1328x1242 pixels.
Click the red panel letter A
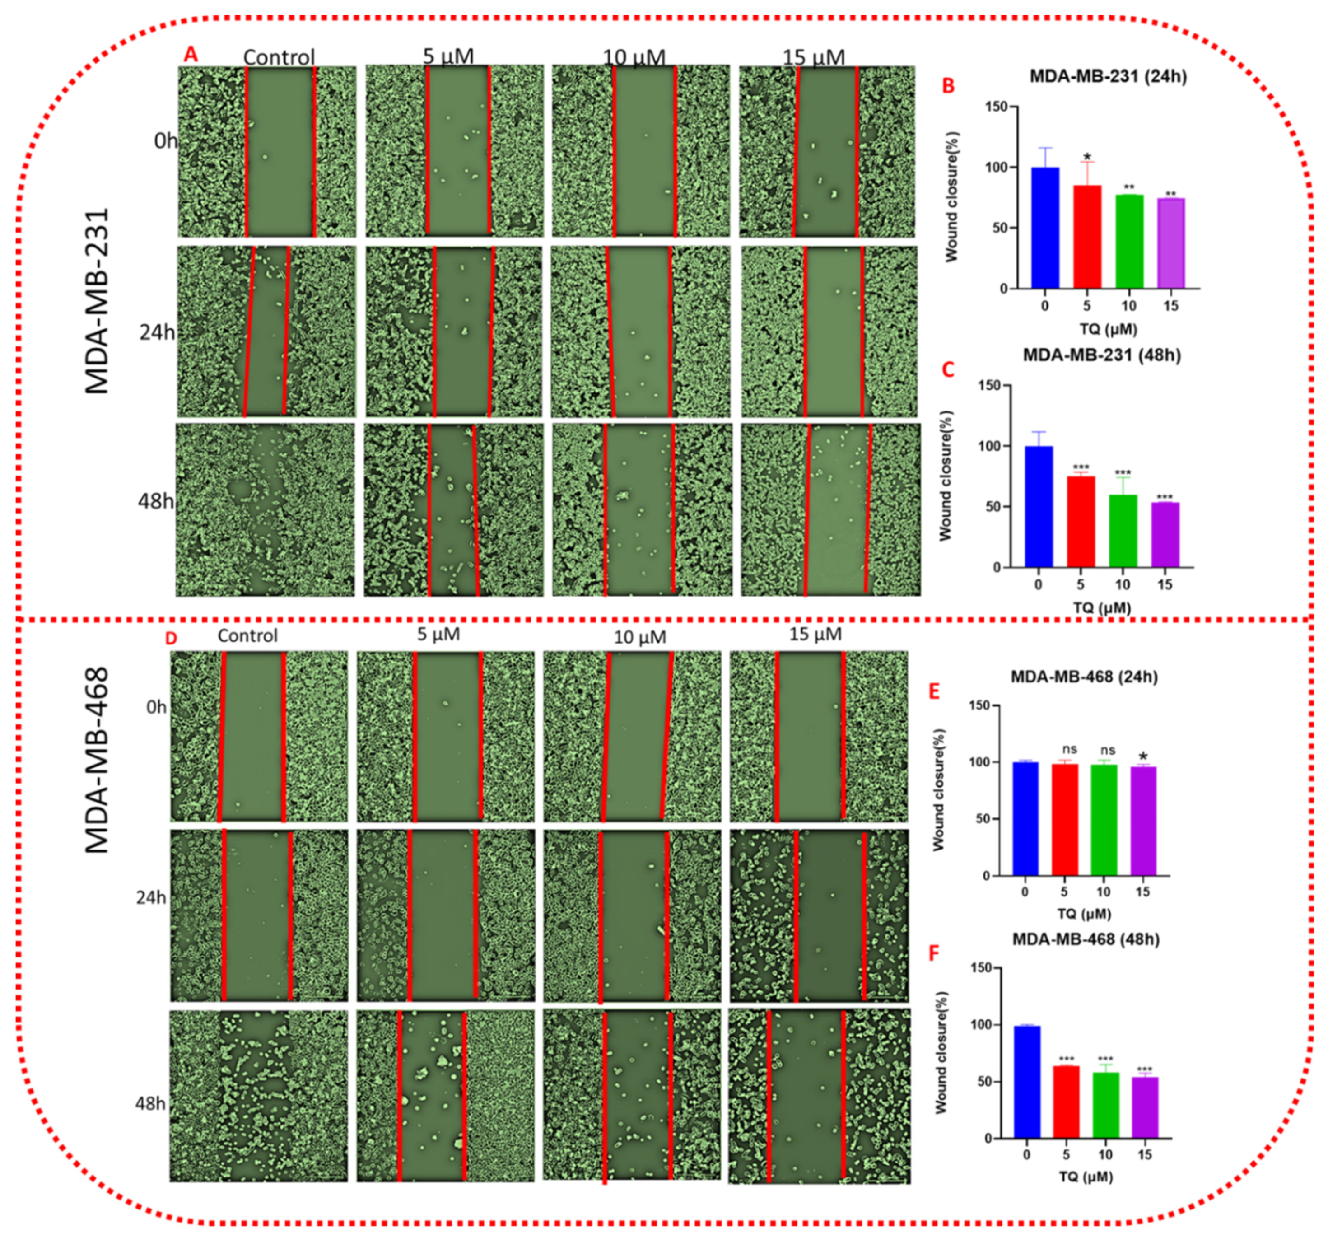(191, 55)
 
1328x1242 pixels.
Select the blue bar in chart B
(1045, 227)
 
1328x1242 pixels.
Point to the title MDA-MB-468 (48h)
(1086, 939)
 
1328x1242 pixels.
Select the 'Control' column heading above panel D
(247, 635)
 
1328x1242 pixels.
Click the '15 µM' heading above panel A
(814, 57)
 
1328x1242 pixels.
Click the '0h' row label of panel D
(156, 707)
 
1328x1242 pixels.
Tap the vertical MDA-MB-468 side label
(98, 760)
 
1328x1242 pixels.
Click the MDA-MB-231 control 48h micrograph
(265, 510)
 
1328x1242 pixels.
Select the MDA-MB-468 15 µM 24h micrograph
(819, 916)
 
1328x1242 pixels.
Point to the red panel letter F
(934, 953)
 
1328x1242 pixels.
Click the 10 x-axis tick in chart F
(1105, 1154)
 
